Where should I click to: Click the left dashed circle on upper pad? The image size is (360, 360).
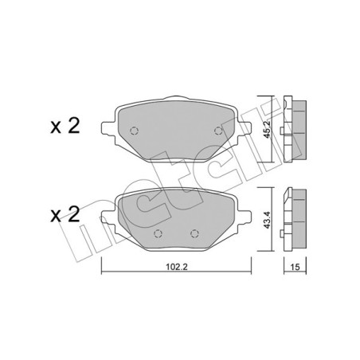point(134,131)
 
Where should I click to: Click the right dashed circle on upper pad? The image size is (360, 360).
point(217,131)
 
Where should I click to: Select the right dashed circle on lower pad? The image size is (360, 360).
point(194,233)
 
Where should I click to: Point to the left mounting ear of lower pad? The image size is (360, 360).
point(106,214)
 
